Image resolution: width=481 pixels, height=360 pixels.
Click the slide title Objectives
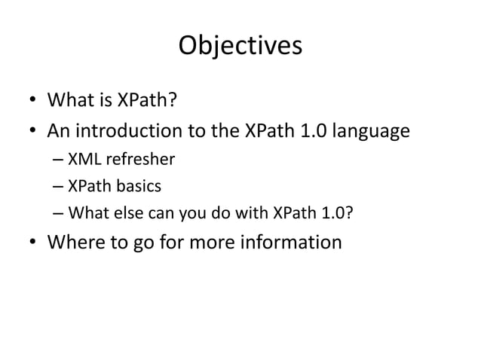[240, 46]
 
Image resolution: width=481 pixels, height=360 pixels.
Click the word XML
[83, 159]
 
